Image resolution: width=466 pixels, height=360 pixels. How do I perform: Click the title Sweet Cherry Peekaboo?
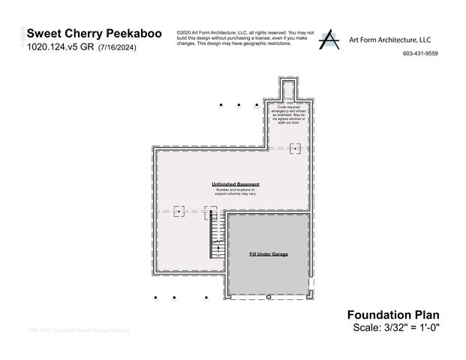point(92,34)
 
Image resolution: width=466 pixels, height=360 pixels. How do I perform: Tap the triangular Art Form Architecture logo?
point(328,40)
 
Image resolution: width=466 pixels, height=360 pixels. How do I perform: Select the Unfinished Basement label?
point(236,184)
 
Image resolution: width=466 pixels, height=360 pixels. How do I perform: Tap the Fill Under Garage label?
point(269,254)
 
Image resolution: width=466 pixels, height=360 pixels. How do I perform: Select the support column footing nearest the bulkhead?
point(296,149)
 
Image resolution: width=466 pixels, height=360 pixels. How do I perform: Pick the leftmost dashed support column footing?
point(179,211)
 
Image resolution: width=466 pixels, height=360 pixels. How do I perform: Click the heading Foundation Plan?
point(392,315)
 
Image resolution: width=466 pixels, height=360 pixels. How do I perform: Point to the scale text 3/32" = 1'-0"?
point(410,328)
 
